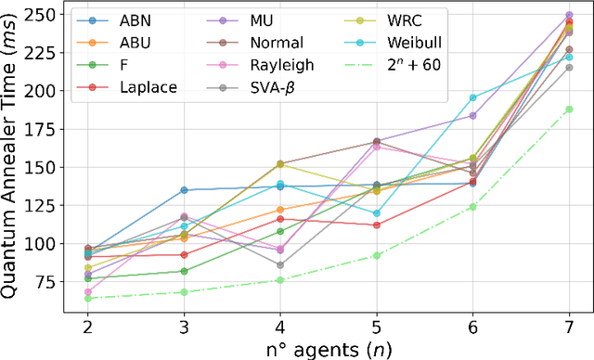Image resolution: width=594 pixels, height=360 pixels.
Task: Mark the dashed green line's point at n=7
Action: (x=569, y=109)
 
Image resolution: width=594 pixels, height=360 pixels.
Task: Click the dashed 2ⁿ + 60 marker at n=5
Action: (x=376, y=255)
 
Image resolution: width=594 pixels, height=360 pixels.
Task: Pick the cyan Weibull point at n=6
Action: (x=472, y=97)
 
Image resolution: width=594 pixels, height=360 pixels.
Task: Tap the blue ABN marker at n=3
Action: (x=184, y=190)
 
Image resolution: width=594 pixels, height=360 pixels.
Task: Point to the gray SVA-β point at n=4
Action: (x=279, y=264)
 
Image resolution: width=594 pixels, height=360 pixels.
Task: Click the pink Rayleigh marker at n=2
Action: (x=87, y=292)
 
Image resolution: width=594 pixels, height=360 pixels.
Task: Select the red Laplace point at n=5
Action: (x=376, y=225)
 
